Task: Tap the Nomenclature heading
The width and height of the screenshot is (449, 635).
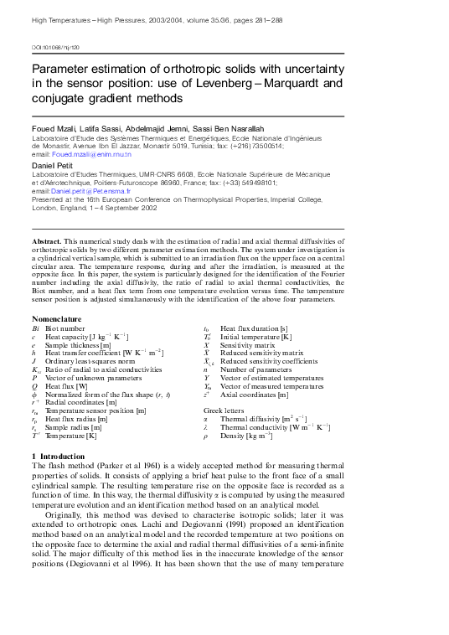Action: coord(56,319)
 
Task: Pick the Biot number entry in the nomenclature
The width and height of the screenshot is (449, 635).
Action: coord(65,329)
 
